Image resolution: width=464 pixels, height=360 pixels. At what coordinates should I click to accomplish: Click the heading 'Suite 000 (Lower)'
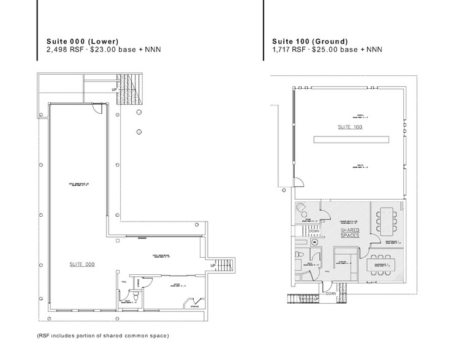[82, 41]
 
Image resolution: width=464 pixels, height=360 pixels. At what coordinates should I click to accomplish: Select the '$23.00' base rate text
[101, 50]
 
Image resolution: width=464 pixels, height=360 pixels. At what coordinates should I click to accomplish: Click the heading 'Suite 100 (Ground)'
[310, 41]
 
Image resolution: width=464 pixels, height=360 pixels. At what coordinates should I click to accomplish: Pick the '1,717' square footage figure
[283, 50]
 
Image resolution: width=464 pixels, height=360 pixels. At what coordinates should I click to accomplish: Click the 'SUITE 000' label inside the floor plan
[82, 264]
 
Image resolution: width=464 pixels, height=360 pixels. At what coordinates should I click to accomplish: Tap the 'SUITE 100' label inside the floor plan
[350, 127]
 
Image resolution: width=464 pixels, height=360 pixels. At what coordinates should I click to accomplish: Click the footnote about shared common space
[102, 336]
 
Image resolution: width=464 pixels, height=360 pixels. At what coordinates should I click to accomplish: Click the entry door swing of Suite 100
[298, 182]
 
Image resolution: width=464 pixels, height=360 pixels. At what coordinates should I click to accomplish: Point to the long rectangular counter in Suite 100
[350, 140]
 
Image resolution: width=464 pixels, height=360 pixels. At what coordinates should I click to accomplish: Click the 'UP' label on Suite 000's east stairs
[213, 266]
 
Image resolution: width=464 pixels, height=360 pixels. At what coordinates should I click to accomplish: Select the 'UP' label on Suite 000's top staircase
[114, 91]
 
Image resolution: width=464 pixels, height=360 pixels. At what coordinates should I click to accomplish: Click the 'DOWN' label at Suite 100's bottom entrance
[331, 293]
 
